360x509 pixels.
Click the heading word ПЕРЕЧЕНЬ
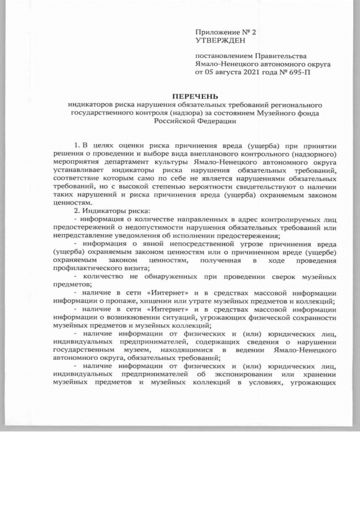194,96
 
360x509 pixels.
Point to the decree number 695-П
318,73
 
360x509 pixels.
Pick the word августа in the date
231,73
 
